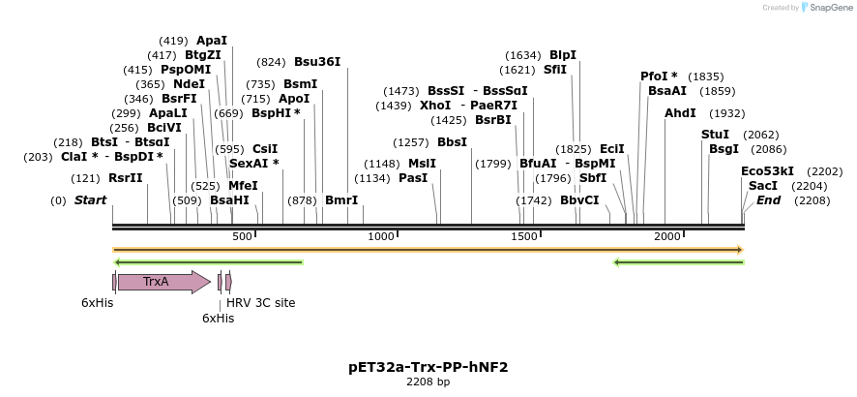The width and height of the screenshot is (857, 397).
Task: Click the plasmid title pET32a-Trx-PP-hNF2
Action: (428, 367)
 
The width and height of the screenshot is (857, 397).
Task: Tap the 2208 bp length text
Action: (428, 382)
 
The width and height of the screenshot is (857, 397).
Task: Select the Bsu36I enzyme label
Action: (317, 61)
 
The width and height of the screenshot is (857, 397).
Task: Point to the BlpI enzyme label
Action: (562, 55)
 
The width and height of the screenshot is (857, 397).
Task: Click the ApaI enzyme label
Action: (212, 41)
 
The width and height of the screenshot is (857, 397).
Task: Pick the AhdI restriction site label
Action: (680, 113)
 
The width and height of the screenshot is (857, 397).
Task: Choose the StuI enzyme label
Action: (715, 135)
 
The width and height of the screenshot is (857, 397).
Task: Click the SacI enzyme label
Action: (763, 185)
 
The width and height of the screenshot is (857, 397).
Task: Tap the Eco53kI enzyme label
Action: (767, 171)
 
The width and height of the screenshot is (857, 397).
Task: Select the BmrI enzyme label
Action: (340, 200)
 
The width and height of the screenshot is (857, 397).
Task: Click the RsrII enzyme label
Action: (125, 178)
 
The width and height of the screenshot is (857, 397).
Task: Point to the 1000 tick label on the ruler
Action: (382, 237)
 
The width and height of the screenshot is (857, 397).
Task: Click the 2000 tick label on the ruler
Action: (666, 237)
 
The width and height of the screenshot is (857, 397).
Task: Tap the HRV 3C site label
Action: (260, 303)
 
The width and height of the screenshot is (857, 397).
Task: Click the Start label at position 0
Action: (90, 200)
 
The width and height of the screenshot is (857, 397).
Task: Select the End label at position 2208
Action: (768, 200)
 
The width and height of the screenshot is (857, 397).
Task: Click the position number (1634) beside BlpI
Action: (524, 55)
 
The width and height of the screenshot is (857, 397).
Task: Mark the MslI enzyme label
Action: (422, 164)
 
